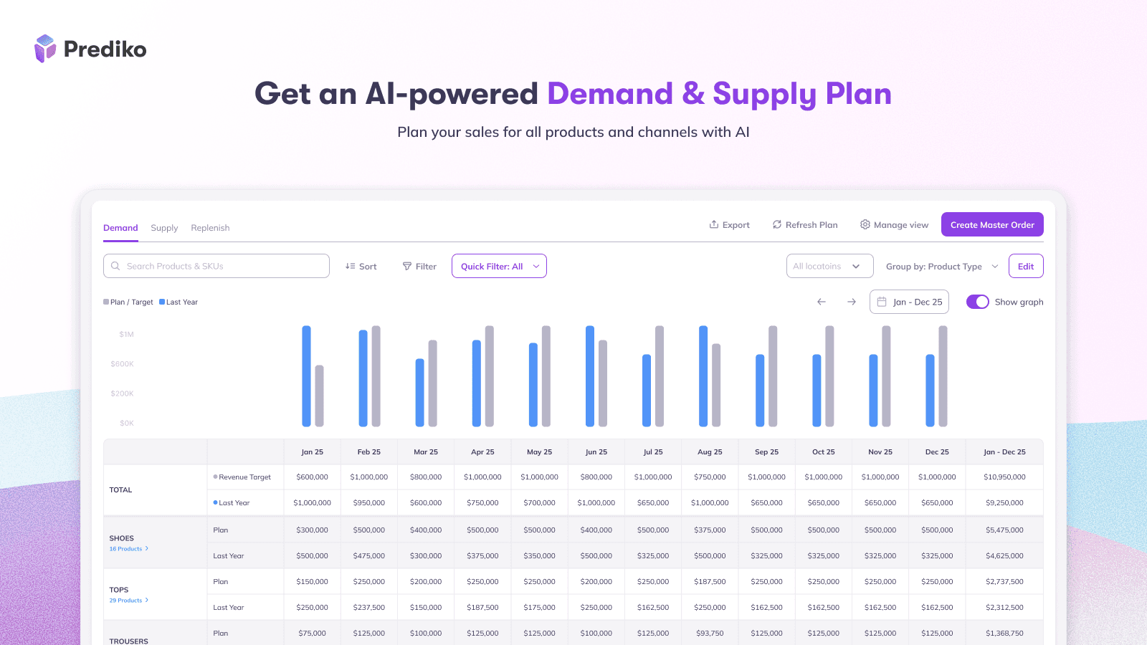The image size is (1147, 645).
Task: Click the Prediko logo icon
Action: click(45, 49)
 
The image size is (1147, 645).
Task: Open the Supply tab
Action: click(164, 228)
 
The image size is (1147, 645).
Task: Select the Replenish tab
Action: click(210, 228)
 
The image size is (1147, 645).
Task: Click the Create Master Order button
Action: click(992, 225)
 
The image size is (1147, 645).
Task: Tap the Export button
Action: click(729, 225)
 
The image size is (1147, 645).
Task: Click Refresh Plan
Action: click(804, 225)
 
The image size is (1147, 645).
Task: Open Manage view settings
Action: click(894, 225)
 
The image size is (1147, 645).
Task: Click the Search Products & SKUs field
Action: click(216, 266)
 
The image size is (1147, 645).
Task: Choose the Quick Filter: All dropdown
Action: click(499, 266)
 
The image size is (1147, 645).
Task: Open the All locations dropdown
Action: click(829, 266)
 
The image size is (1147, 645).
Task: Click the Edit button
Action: click(1026, 266)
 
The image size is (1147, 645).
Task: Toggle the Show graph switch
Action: click(978, 302)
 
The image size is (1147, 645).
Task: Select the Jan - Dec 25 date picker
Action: click(909, 302)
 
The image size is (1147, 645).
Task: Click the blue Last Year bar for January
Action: click(307, 376)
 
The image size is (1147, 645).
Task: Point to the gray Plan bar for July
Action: click(660, 376)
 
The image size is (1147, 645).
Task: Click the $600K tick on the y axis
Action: click(123, 364)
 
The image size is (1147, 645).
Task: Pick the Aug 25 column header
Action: click(710, 452)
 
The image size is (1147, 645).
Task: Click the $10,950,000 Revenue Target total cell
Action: click(1004, 477)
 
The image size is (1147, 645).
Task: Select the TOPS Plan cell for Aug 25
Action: click(710, 582)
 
